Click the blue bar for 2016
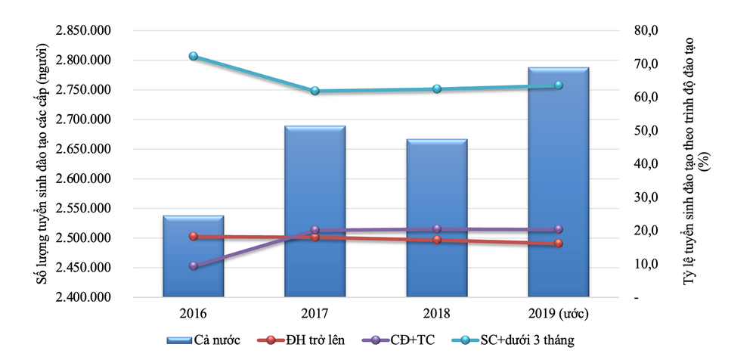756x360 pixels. [x=194, y=257]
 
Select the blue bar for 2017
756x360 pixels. [x=315, y=212]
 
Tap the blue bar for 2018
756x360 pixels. [x=437, y=219]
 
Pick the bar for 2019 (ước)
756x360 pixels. [x=558, y=182]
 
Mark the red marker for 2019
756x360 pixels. [x=559, y=244]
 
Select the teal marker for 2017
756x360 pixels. [x=315, y=91]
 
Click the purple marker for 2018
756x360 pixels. [x=437, y=228]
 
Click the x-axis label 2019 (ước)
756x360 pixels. [x=559, y=312]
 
